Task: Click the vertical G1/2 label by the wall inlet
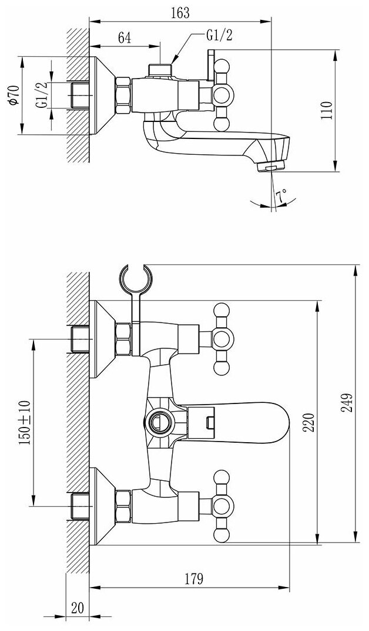click(42, 95)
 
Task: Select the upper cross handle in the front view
click(222, 338)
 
